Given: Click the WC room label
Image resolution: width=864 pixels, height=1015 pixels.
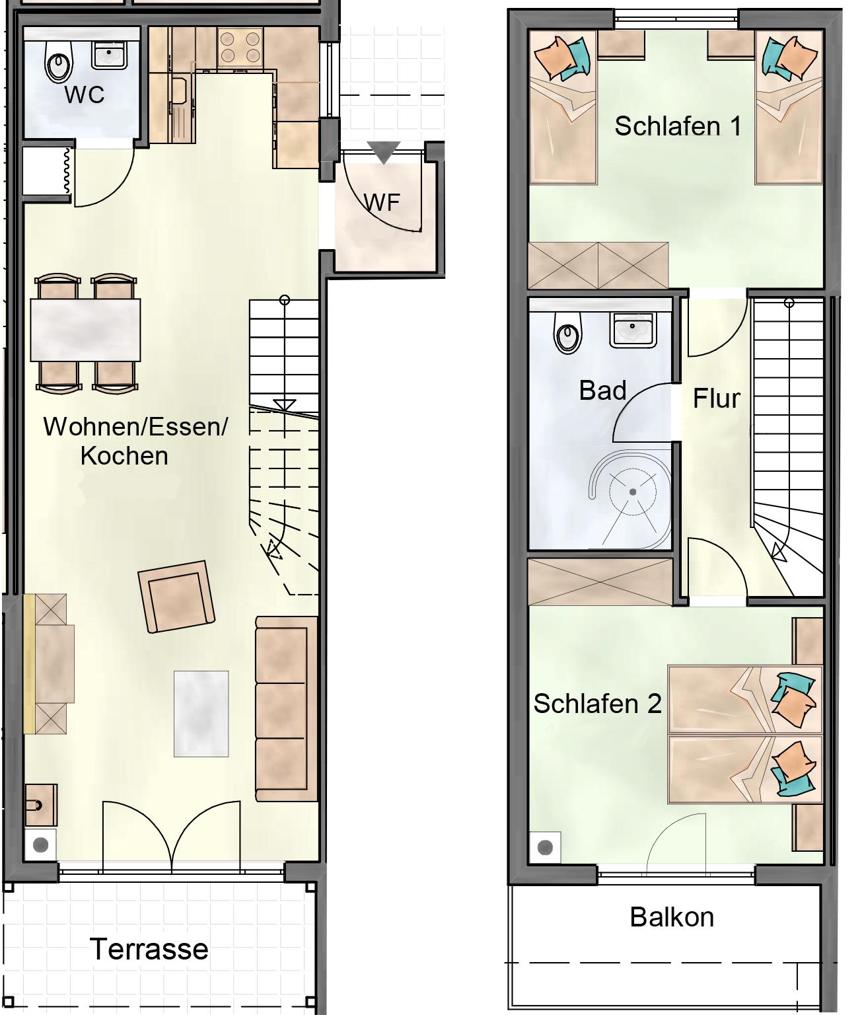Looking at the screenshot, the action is pyautogui.click(x=85, y=94).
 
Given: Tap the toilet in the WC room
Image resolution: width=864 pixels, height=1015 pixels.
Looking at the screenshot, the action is pyautogui.click(x=59, y=61).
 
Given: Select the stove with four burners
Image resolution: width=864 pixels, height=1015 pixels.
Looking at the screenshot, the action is pyautogui.click(x=240, y=47).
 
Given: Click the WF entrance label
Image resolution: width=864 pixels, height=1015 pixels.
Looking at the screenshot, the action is pyautogui.click(x=382, y=202).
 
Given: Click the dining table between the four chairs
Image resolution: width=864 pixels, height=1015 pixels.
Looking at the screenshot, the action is pyautogui.click(x=85, y=330).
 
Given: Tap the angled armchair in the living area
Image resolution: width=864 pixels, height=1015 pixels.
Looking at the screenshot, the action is pyautogui.click(x=177, y=597).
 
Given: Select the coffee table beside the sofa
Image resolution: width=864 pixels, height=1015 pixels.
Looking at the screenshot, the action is pyautogui.click(x=201, y=714).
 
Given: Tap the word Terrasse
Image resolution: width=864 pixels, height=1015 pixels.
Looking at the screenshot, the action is pyautogui.click(x=149, y=949).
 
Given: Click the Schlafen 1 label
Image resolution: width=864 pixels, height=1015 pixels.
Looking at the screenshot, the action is pyautogui.click(x=678, y=126).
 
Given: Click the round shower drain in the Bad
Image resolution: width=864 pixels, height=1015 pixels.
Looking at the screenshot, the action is pyautogui.click(x=633, y=492).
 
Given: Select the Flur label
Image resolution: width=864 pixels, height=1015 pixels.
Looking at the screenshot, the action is pyautogui.click(x=716, y=398).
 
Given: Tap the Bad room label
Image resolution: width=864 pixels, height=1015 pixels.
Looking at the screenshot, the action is pyautogui.click(x=603, y=391).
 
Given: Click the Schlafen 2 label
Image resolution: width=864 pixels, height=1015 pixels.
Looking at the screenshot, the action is pyautogui.click(x=597, y=704).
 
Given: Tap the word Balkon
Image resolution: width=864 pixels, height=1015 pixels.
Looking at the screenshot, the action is pyautogui.click(x=672, y=917).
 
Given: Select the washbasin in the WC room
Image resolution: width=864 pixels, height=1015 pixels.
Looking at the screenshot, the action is pyautogui.click(x=109, y=54).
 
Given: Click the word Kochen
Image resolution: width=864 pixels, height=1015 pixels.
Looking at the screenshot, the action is pyautogui.click(x=124, y=456).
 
